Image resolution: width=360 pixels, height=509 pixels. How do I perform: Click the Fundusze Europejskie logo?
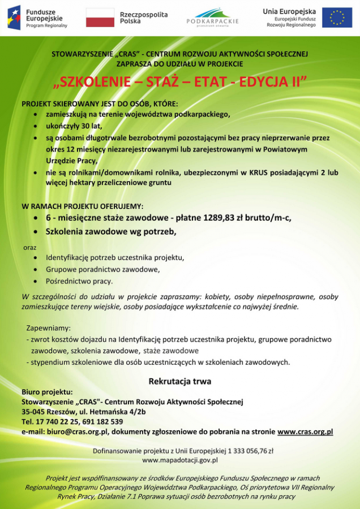pyautogui.click(x=37, y=18)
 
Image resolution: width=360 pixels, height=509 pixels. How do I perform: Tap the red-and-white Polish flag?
pyautogui.click(x=100, y=18)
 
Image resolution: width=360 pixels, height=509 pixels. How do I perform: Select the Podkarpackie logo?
pyautogui.click(x=212, y=17)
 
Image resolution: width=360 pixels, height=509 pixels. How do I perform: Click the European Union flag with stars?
pyautogui.click(x=337, y=18)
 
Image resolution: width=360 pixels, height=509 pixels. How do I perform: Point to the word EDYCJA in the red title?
pyautogui.click(x=260, y=82)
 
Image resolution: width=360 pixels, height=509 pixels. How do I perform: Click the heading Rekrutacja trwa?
pyautogui.click(x=180, y=381)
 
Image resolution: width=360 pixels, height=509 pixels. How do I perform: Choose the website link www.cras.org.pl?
pyautogui.click(x=305, y=432)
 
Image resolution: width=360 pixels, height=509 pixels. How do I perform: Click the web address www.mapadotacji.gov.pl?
pyautogui.click(x=180, y=460)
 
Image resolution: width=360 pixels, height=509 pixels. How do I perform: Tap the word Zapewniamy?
pyautogui.click(x=48, y=328)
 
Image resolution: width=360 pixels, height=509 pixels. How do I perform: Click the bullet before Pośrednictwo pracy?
pyautogui.click(x=36, y=281)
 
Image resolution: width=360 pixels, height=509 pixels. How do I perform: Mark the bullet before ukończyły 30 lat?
pyautogui.click(x=36, y=126)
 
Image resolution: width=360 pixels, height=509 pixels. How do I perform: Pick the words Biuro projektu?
pyautogui.click(x=47, y=391)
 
